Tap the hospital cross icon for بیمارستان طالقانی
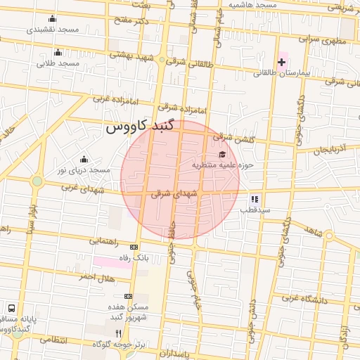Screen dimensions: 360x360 click(x=282, y=63)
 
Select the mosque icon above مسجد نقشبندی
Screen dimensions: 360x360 click(x=51, y=19)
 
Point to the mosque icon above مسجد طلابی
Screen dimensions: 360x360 click(x=58, y=52)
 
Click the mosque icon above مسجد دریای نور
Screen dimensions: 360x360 click(x=84, y=159)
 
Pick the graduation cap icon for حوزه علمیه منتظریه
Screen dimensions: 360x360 click(x=222, y=155)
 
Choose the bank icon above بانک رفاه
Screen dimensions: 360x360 click(x=134, y=247)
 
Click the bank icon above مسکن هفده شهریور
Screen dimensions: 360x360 click(x=127, y=296)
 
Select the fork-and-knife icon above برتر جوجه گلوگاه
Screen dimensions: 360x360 click(x=118, y=333)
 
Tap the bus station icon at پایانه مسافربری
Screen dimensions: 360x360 click(x=12, y=308)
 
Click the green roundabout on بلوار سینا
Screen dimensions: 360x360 click(x=37, y=182)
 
